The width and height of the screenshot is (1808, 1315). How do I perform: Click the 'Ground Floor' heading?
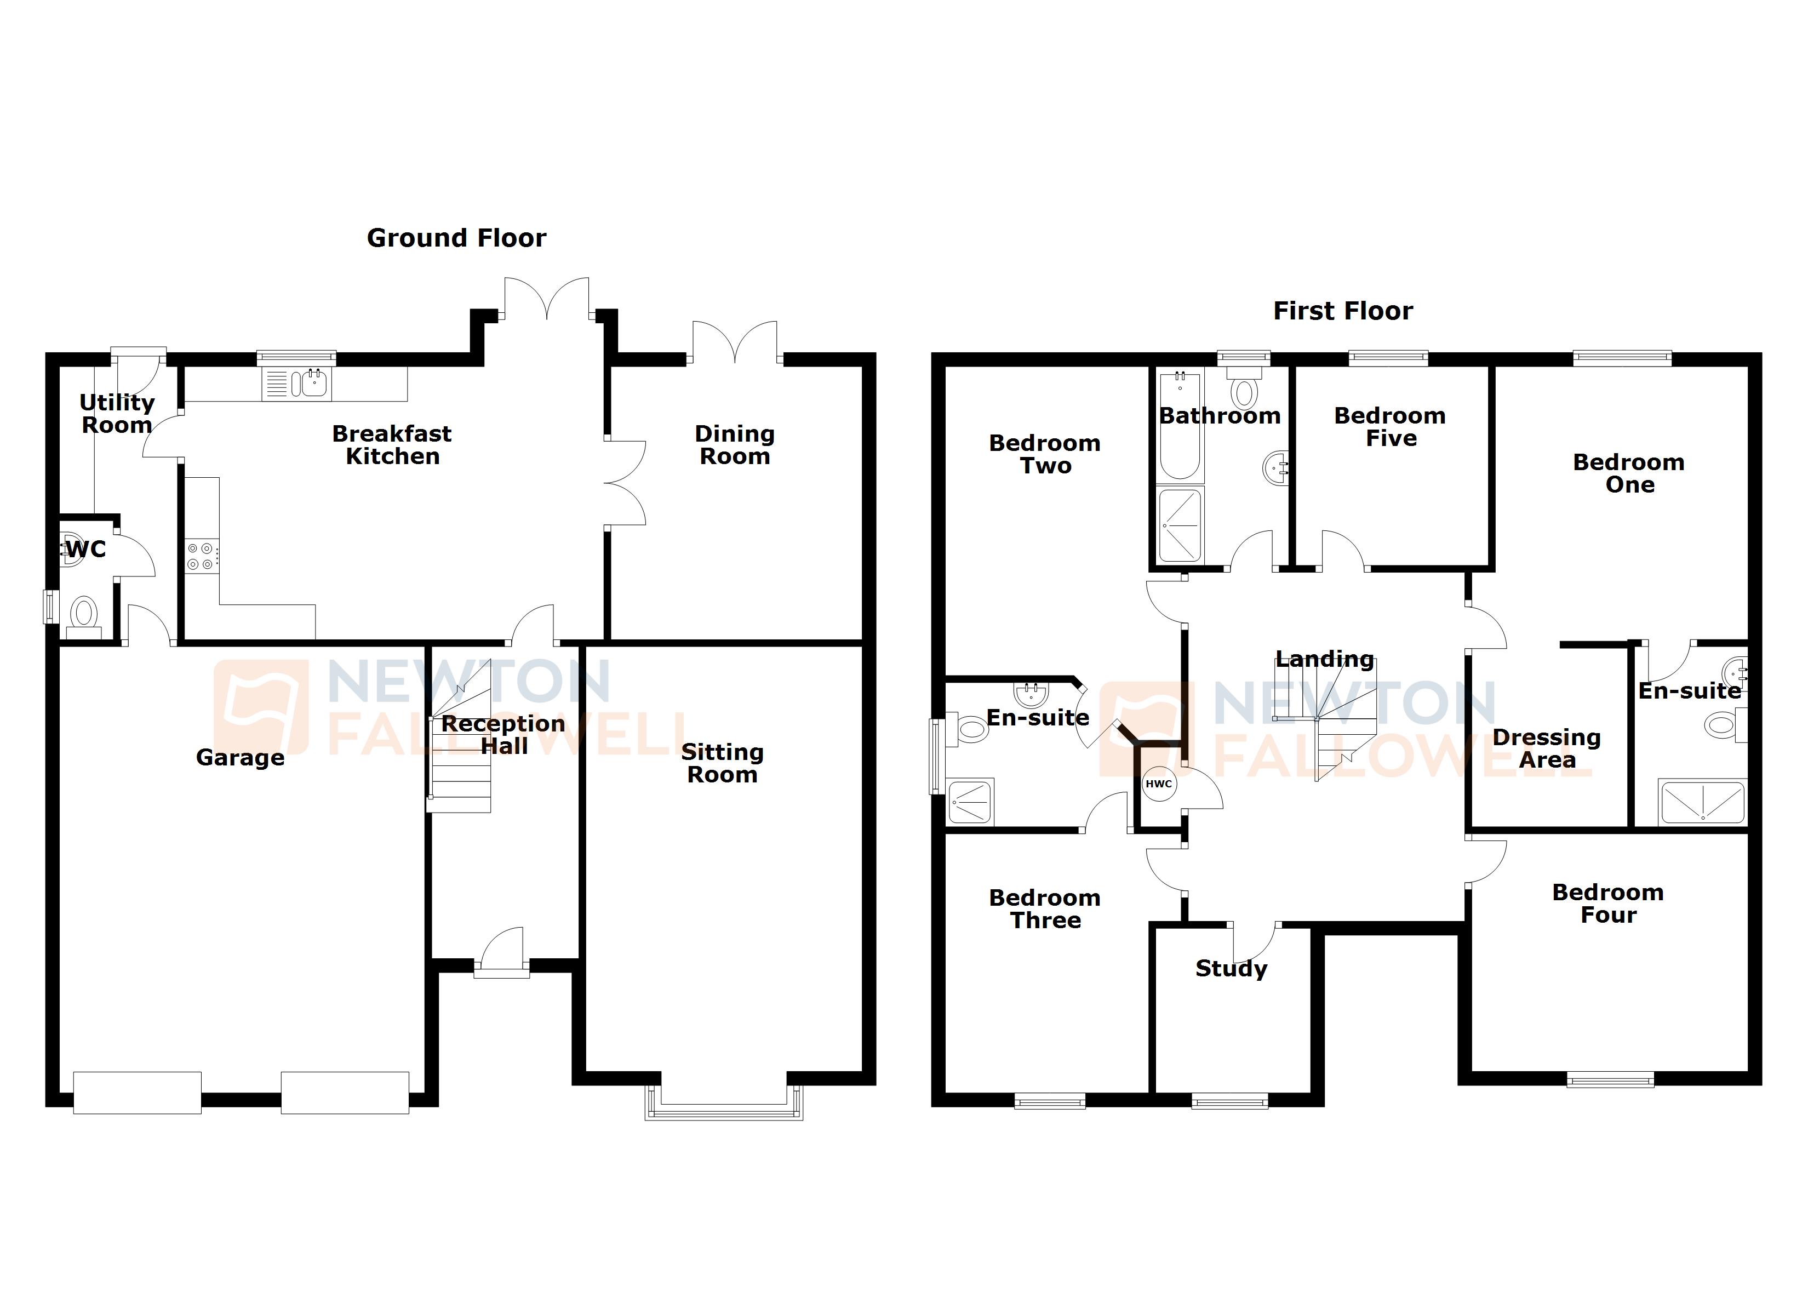tap(456, 238)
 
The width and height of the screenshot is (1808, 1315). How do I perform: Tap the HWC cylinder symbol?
tap(1158, 784)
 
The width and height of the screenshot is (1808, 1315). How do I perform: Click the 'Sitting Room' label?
tap(722, 763)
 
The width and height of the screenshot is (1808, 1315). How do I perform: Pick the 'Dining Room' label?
tap(734, 445)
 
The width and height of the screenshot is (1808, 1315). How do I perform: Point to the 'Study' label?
tap(1231, 968)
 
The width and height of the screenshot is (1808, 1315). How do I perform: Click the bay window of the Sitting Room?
tap(724, 1105)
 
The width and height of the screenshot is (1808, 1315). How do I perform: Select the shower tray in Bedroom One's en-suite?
tap(1702, 802)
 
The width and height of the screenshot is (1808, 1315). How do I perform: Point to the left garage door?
tap(137, 1093)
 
